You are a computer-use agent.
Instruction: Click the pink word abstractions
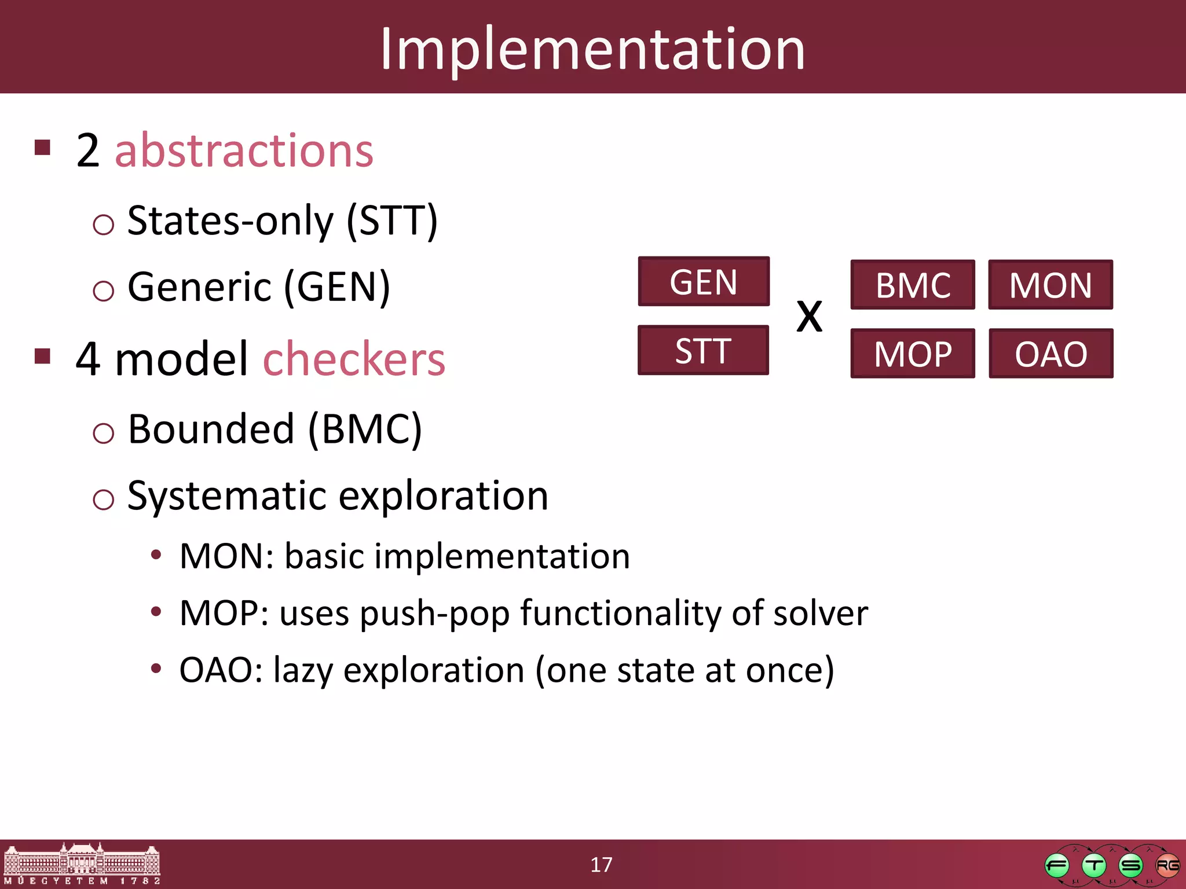coord(244,150)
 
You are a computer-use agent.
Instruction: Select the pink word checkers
coord(354,359)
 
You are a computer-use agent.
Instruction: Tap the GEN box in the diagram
coord(704,282)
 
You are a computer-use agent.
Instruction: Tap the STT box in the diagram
coord(703,350)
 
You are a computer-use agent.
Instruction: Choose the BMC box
coord(913,285)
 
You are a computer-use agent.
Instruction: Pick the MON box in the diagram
coord(1050,285)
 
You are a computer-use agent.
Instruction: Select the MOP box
coord(913,354)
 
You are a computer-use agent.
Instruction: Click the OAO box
coord(1050,354)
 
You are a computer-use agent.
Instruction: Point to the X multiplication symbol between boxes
coord(809,317)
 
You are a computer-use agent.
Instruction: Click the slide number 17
coord(601,865)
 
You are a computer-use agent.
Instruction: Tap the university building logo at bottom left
coord(82,864)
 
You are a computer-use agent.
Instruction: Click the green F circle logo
coord(1057,866)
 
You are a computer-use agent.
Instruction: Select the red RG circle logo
coord(1167,866)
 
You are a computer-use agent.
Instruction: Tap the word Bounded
coord(211,429)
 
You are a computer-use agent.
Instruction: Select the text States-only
coord(230,221)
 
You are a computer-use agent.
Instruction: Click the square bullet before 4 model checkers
coord(43,356)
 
